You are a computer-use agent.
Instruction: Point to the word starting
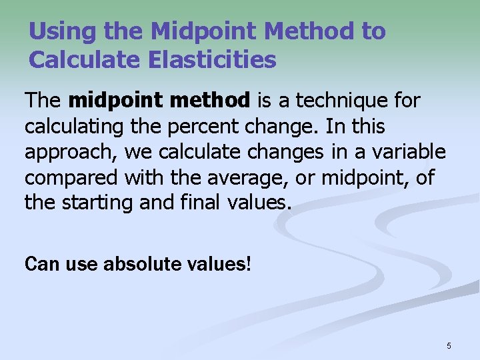[100, 203]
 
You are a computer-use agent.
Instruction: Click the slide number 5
[449, 345]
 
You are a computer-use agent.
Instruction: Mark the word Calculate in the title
[77, 60]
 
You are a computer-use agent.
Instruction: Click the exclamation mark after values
[249, 264]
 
